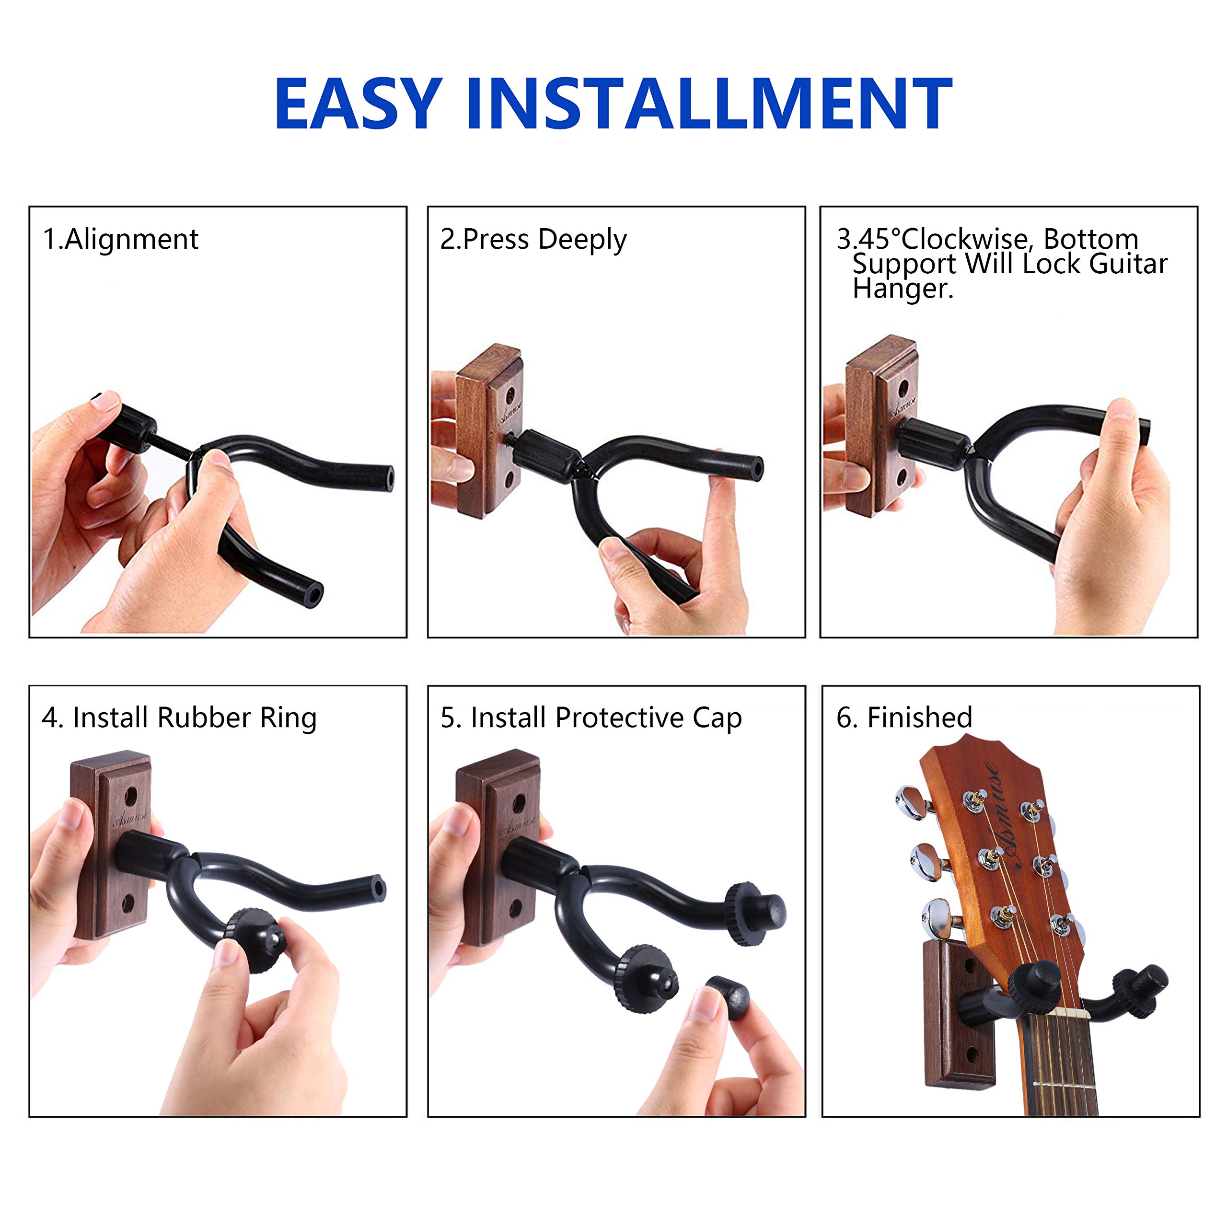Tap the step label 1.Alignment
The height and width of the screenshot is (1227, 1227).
click(x=121, y=240)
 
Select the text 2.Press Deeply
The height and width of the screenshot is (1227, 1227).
click(x=533, y=240)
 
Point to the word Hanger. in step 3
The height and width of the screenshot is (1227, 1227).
click(x=903, y=289)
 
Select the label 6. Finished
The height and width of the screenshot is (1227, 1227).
click(x=904, y=718)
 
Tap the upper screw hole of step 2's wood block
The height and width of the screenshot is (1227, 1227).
click(x=509, y=396)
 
